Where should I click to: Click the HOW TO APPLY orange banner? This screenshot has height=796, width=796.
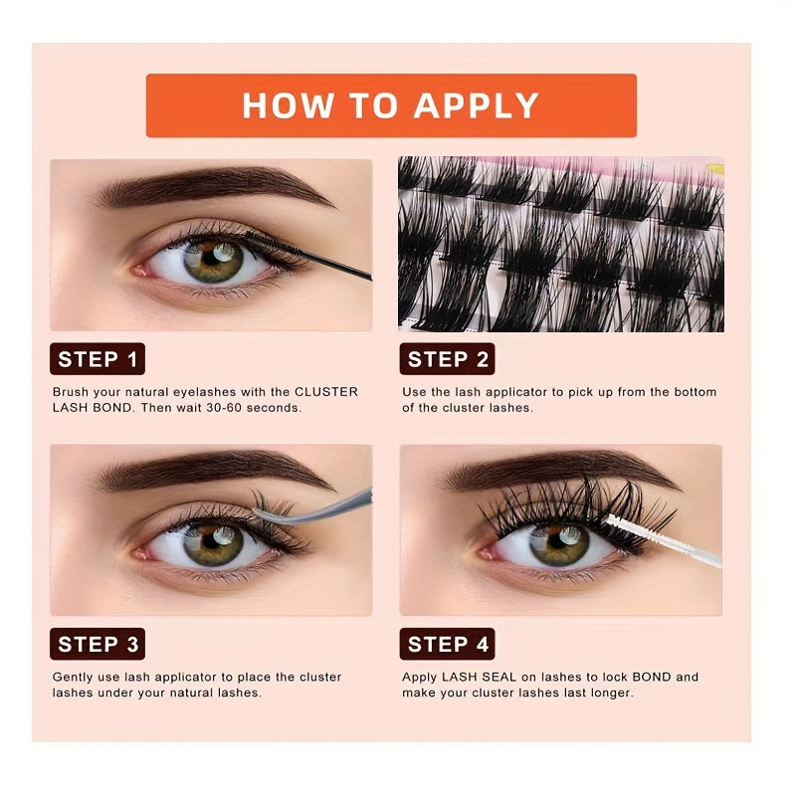tap(390, 104)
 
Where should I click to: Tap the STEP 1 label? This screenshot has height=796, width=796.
tap(98, 360)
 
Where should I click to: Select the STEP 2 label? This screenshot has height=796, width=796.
tap(447, 360)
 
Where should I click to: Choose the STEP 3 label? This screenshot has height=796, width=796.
tap(98, 644)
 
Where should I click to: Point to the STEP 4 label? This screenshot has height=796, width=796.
tap(447, 644)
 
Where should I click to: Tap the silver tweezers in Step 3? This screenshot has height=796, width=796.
tap(318, 503)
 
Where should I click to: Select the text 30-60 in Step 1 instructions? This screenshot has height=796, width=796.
tap(239, 408)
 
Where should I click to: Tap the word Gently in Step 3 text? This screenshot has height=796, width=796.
tap(75, 677)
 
